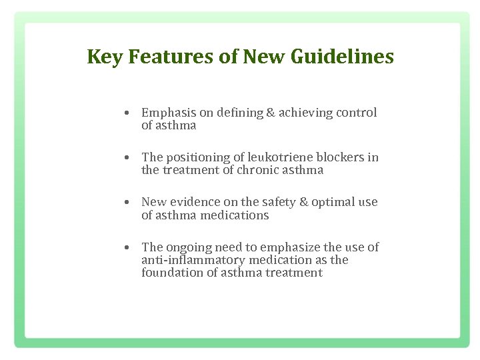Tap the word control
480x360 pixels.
(x=356, y=113)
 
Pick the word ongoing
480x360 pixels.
(x=193, y=247)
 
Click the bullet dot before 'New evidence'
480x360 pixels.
(x=126, y=203)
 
